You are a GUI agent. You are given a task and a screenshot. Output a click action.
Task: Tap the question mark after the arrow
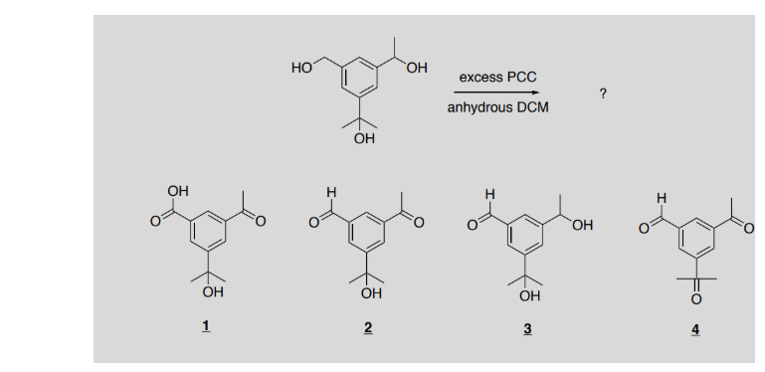604,93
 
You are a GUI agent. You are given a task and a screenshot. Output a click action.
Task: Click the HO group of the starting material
300,68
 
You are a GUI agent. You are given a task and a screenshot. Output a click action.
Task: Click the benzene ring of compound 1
207,230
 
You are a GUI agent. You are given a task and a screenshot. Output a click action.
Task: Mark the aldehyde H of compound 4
660,197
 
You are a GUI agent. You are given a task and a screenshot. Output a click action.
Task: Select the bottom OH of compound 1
210,292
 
